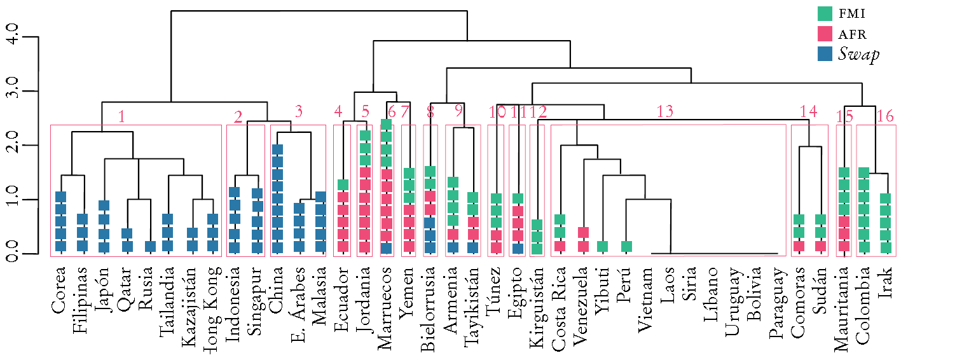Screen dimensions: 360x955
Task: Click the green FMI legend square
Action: click(825, 13)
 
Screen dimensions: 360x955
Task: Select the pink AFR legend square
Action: click(825, 34)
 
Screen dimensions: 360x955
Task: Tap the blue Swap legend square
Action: click(825, 54)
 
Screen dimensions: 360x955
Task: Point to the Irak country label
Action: click(886, 282)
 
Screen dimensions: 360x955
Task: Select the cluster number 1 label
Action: click(121, 116)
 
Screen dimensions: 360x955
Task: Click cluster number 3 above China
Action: click(298, 111)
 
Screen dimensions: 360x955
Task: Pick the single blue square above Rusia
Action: click(150, 246)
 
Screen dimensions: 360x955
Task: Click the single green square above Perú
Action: click(626, 246)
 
